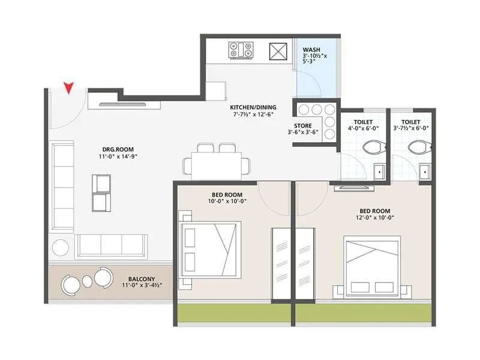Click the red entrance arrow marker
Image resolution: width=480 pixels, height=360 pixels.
click(x=70, y=88)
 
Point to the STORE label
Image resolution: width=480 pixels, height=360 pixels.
click(x=304, y=125)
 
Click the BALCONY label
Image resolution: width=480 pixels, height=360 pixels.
click(x=142, y=278)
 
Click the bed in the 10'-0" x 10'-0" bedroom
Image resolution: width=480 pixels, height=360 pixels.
click(x=211, y=245)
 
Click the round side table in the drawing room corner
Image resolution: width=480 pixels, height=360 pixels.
click(x=61, y=247)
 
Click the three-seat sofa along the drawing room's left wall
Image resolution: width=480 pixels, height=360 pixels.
click(x=62, y=185)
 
